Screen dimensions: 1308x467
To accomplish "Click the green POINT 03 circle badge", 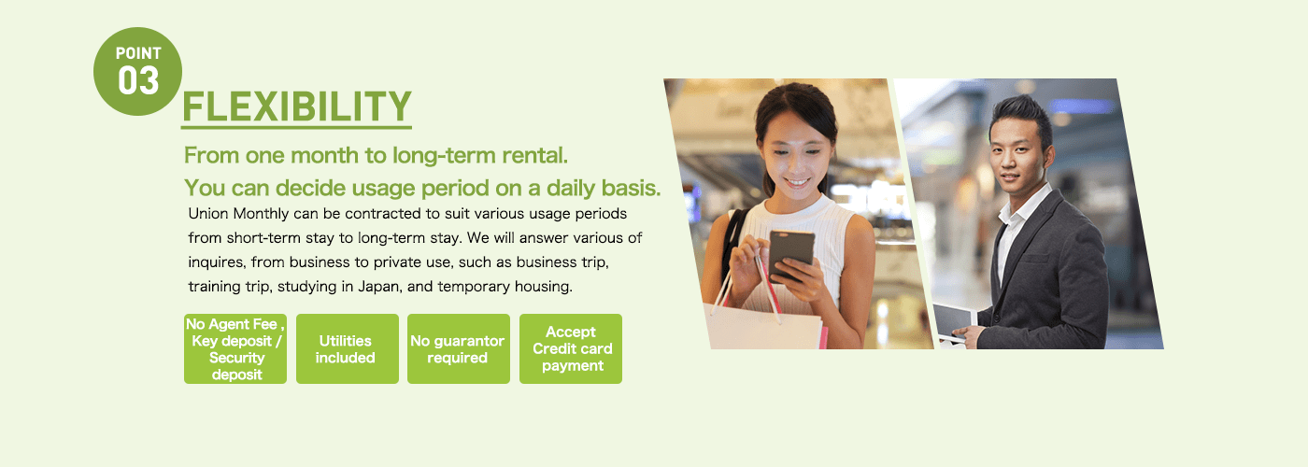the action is [x=138, y=71].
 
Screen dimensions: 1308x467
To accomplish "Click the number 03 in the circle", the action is [x=138, y=80].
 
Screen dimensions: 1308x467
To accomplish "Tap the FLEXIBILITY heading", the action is [x=297, y=106].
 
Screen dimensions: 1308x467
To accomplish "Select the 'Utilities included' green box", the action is [x=348, y=348].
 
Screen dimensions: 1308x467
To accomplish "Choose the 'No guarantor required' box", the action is [x=459, y=348].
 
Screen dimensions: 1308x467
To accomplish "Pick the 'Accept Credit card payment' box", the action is [x=571, y=348].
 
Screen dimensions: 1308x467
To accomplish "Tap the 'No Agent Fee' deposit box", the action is [x=235, y=348].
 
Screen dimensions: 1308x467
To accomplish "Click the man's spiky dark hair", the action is [x=1022, y=114].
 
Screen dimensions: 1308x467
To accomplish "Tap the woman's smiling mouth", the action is [x=796, y=183].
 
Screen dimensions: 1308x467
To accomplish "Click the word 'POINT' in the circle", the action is [x=138, y=54].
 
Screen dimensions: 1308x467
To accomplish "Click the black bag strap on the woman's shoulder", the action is [x=732, y=239].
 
